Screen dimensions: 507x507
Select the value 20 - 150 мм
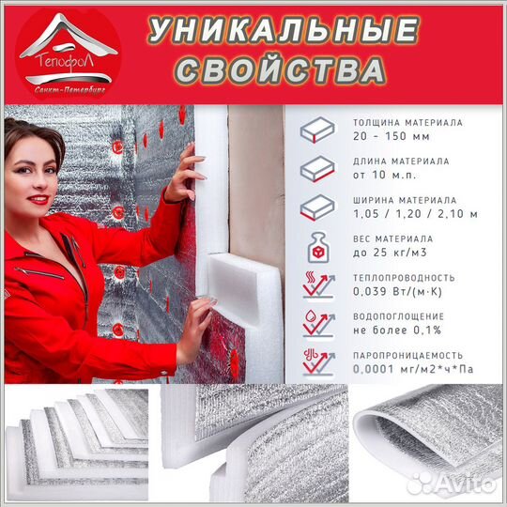pos(385,136)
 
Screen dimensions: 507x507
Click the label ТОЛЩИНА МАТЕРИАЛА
pos(407,122)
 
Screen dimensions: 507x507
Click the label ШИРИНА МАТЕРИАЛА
pos(405,200)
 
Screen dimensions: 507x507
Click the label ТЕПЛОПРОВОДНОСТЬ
pos(405,278)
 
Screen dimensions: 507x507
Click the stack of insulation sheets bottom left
pos(80,441)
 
